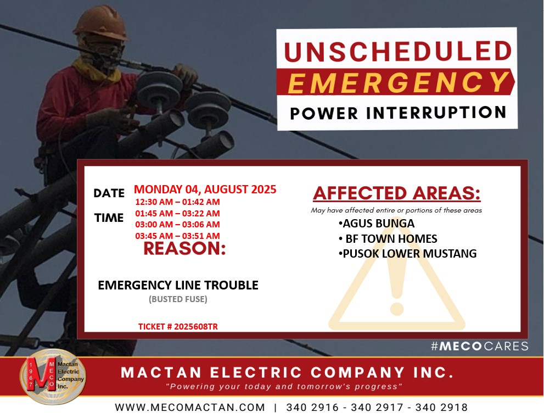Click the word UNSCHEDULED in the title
[x=397, y=51]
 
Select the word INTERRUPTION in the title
[x=436, y=113]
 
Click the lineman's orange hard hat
[x=101, y=23]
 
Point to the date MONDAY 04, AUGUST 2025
[x=205, y=189]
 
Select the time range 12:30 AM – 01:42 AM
[x=178, y=202]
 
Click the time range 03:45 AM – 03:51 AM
[x=178, y=236]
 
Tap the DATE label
[x=109, y=193]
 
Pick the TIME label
[x=109, y=218]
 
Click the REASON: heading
[x=184, y=249]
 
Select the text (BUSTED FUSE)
[x=178, y=299]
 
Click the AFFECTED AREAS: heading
[x=396, y=193]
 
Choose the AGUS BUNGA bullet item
[x=377, y=223]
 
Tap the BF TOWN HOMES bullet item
[x=388, y=239]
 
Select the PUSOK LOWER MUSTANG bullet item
[x=408, y=254]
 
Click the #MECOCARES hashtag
[x=480, y=346]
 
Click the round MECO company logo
[x=53, y=377]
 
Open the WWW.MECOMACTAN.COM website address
[x=190, y=407]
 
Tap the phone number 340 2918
[x=442, y=407]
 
